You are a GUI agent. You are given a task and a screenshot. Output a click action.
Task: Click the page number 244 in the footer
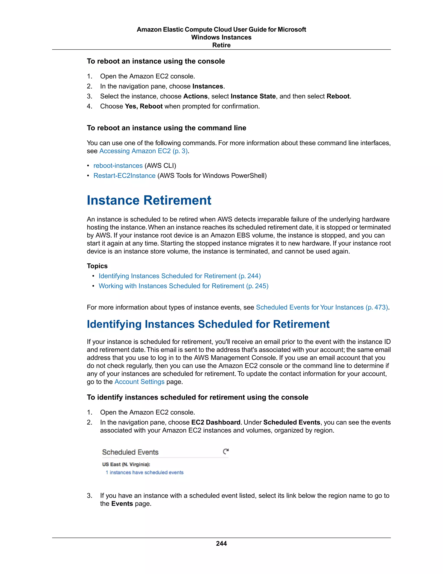click(221, 543)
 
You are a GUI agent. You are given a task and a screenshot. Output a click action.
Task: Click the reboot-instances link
click(118, 165)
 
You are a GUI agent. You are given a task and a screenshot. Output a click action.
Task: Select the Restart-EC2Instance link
click(124, 176)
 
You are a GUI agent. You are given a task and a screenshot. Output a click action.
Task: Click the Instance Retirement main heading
click(149, 200)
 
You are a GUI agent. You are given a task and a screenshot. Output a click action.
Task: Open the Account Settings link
click(139, 382)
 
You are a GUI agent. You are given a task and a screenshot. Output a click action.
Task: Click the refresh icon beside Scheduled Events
click(226, 452)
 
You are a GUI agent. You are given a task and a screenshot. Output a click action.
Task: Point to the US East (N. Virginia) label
click(126, 464)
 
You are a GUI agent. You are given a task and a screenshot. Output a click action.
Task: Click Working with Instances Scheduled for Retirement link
click(183, 286)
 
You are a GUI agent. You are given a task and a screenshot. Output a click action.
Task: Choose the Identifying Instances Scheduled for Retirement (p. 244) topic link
click(180, 276)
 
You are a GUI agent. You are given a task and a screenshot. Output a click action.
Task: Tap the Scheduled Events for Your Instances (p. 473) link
click(322, 307)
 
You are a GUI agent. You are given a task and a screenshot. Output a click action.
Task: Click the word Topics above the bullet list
click(97, 266)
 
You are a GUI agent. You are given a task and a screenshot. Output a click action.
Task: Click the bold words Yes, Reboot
click(144, 106)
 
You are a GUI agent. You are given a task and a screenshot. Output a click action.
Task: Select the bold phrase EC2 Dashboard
click(216, 422)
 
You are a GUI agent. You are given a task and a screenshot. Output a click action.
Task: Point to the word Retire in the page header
click(221, 45)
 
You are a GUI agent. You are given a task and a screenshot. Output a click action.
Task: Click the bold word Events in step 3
click(122, 504)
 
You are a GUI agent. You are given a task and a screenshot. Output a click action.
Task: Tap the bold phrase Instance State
click(253, 96)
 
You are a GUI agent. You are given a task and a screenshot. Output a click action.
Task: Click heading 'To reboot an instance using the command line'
click(166, 128)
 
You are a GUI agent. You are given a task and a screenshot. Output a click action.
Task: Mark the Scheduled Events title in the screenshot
click(130, 452)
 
